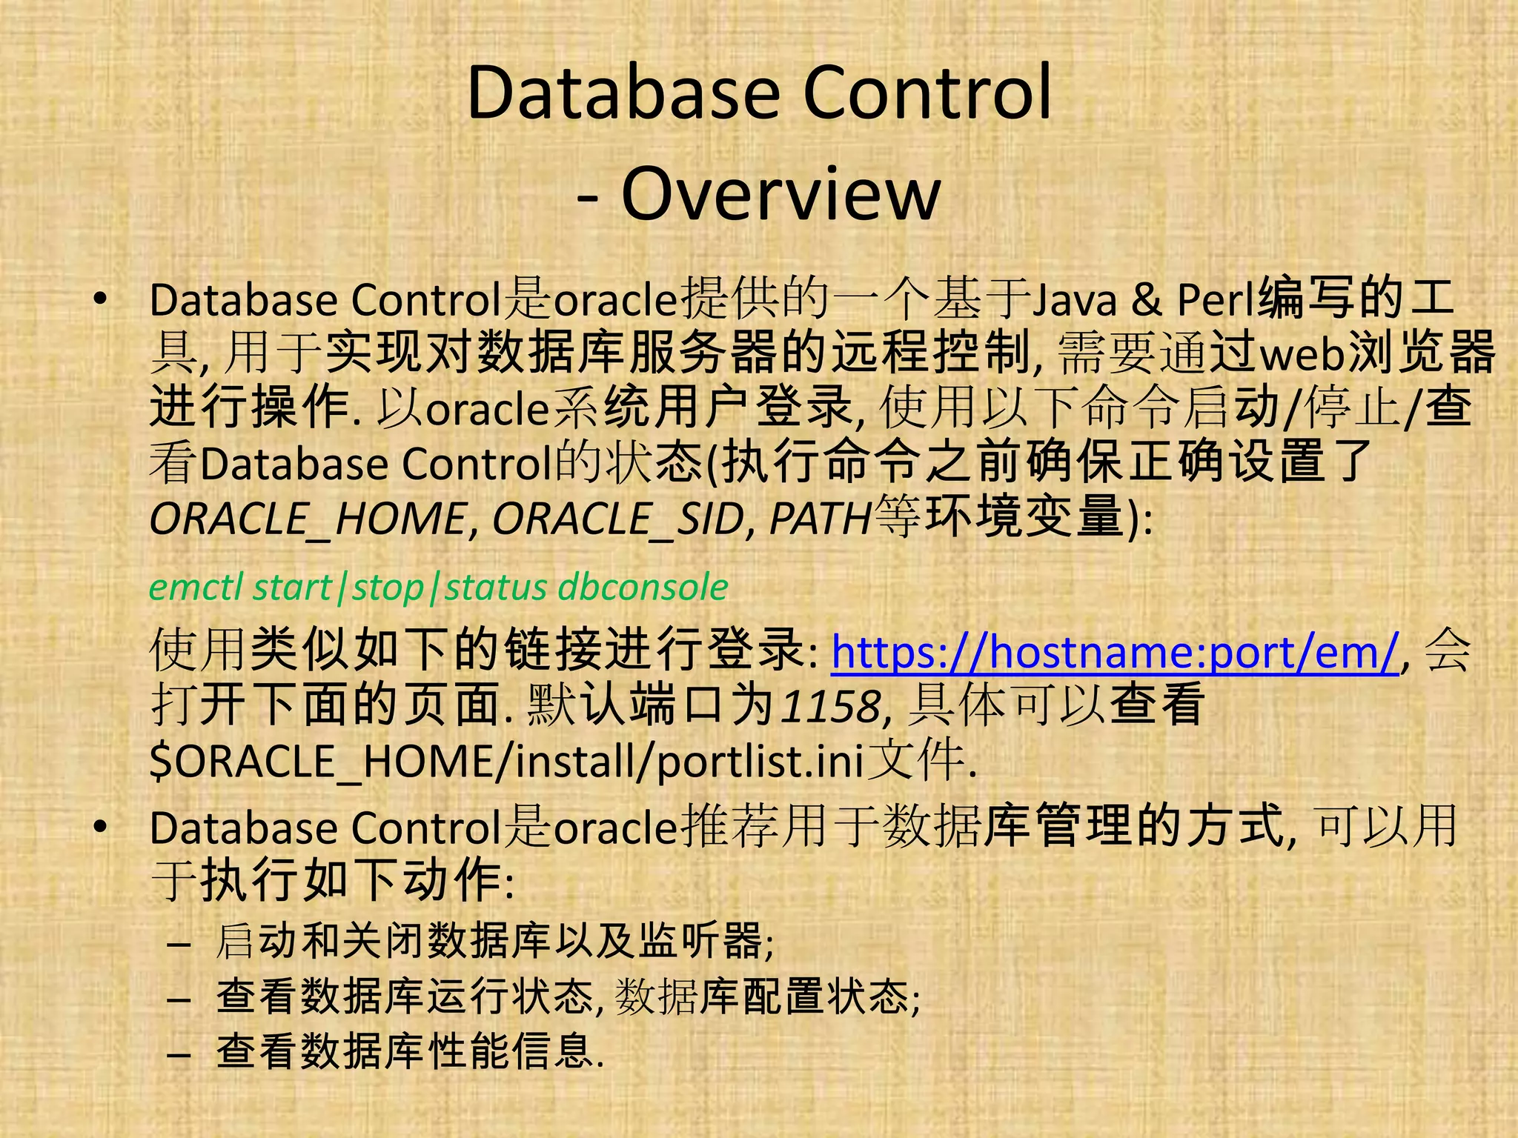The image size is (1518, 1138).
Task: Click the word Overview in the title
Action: click(x=780, y=193)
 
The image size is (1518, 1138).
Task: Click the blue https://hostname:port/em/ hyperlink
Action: click(x=1115, y=652)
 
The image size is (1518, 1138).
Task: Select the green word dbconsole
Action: click(x=643, y=588)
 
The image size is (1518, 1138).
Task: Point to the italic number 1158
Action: click(x=831, y=706)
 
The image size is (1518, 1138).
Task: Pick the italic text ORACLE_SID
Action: click(x=618, y=519)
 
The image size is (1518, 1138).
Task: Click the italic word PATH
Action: click(x=820, y=519)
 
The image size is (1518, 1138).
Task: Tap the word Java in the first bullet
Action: click(x=1074, y=300)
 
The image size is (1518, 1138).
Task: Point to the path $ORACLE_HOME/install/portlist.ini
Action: click(x=507, y=761)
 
